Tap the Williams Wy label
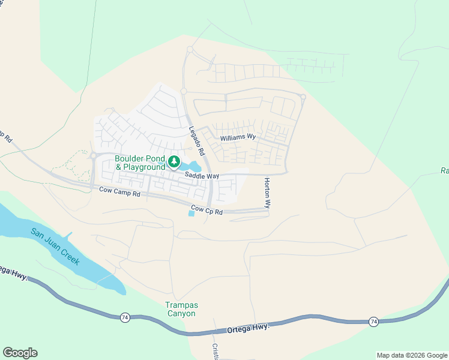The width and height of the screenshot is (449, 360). [x=238, y=137]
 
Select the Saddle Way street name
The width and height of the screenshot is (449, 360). [x=202, y=176]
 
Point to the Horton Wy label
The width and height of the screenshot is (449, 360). [x=267, y=193]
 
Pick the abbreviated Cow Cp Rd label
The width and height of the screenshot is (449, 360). [x=206, y=211]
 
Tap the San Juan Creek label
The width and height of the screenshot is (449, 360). [x=55, y=247]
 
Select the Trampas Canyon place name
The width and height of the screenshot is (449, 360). [x=181, y=309]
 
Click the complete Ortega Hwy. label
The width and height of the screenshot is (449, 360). [x=247, y=328]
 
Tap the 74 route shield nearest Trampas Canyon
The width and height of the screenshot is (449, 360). [x=125, y=317]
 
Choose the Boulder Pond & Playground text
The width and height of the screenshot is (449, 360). [x=140, y=163]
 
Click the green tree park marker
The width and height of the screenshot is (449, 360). [x=174, y=161]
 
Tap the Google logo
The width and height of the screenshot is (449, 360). [x=20, y=353]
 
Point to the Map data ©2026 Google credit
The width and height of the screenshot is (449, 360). [x=412, y=355]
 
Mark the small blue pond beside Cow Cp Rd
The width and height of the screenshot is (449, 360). [x=191, y=214]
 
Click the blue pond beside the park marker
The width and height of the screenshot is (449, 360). [x=192, y=166]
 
